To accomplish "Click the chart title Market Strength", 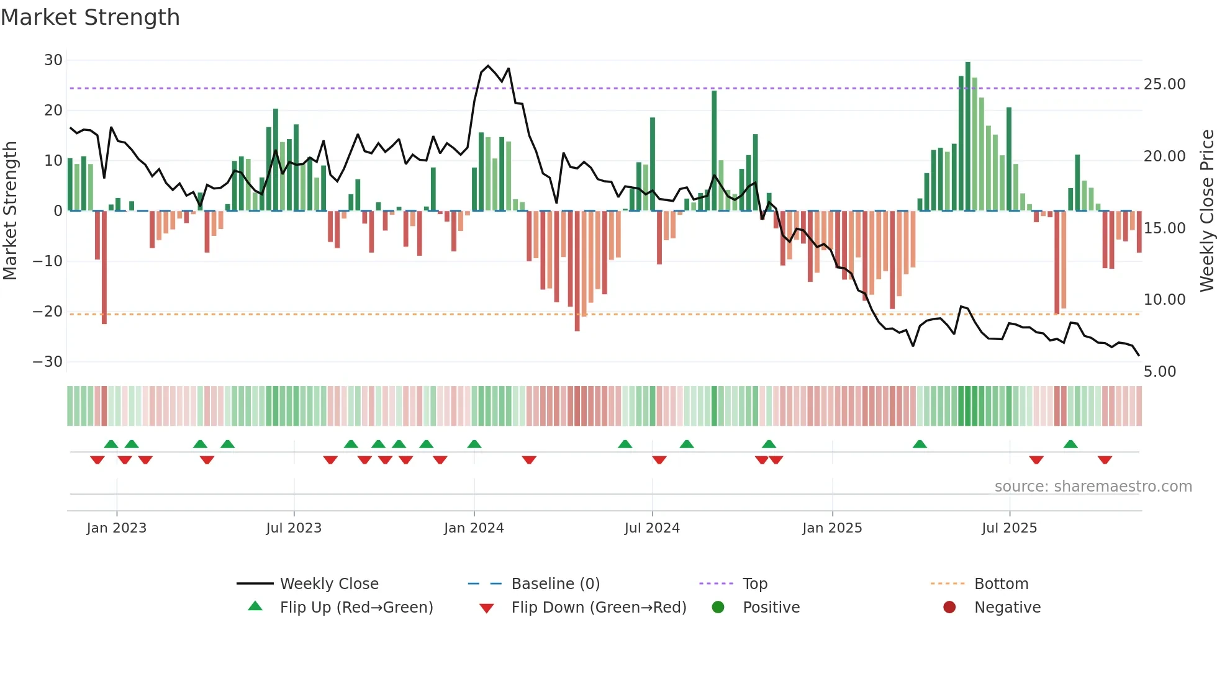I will [x=90, y=17].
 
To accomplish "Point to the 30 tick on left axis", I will [x=53, y=60].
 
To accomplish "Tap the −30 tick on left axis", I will [x=48, y=362].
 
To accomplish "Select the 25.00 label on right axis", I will [x=1164, y=84].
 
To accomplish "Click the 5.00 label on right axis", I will [x=1159, y=372].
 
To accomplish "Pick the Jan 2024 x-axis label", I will [x=474, y=528].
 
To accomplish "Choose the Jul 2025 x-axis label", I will [x=1009, y=528].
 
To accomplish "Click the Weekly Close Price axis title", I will [x=1206, y=210].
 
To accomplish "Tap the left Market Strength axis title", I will [x=10, y=210].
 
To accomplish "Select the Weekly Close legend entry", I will [x=328, y=584].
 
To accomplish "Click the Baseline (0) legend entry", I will [x=555, y=584].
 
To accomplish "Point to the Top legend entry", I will [x=754, y=584].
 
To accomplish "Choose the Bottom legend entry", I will [x=1001, y=584].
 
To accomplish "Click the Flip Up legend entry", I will [x=356, y=608].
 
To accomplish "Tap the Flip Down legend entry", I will [x=599, y=608].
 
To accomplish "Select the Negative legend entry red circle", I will [x=949, y=608].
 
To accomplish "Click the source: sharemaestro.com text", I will [x=1093, y=487].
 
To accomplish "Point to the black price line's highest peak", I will [x=488, y=66].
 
